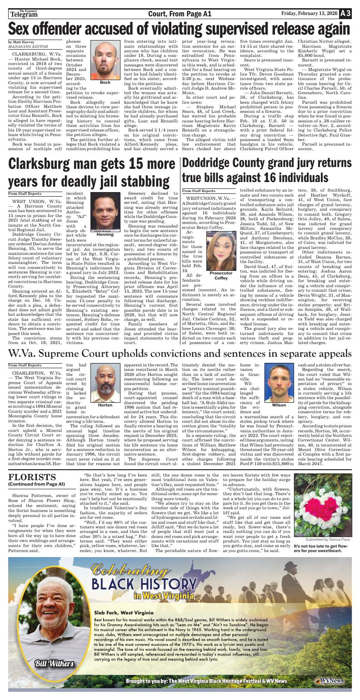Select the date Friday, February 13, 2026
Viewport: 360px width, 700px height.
pyautogui.click(x=309, y=14)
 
